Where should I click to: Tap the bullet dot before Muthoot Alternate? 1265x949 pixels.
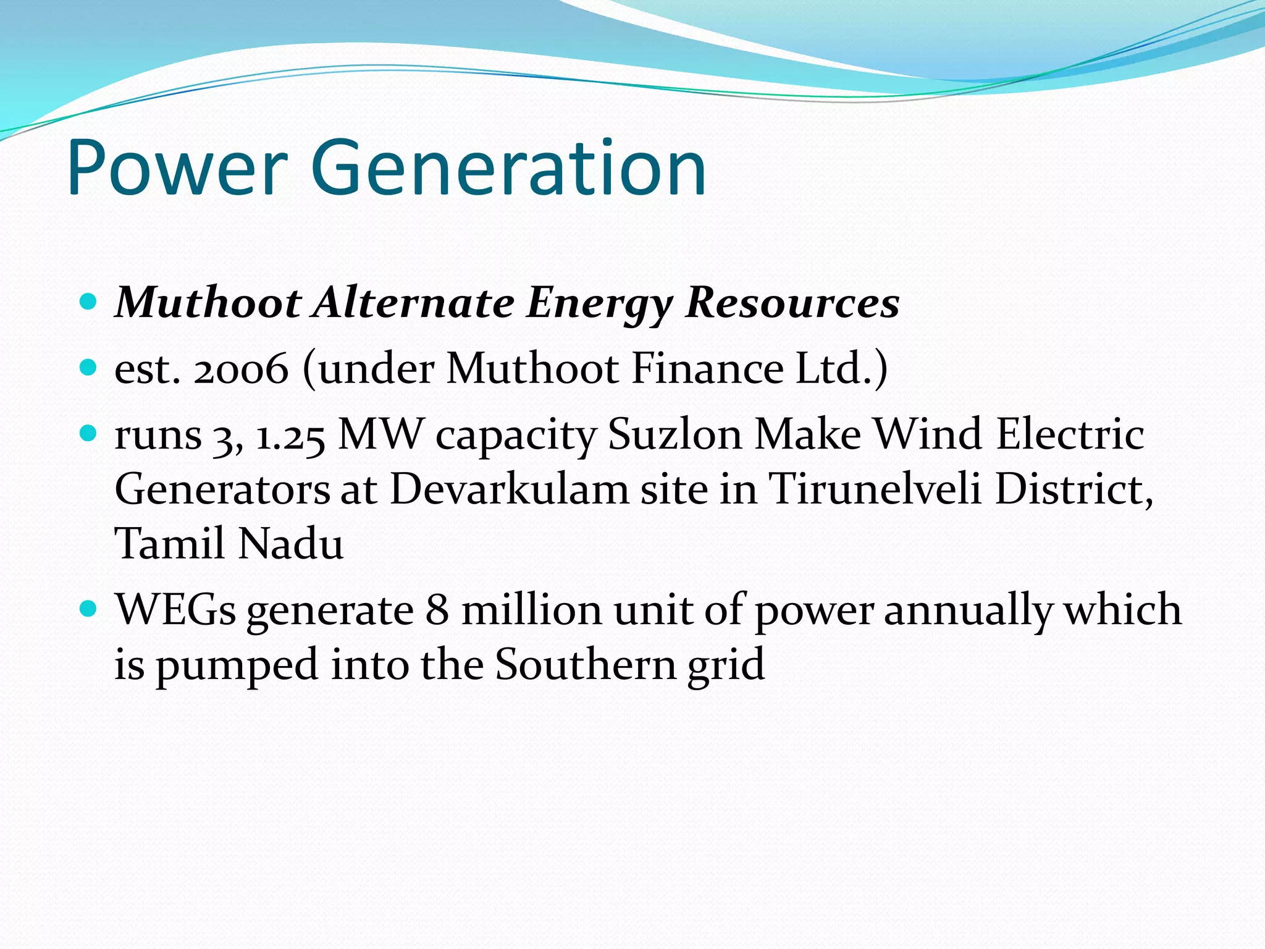pyautogui.click(x=89, y=302)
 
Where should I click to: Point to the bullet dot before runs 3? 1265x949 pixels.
pyautogui.click(x=89, y=434)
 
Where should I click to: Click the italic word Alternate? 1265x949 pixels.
pyautogui.click(x=414, y=303)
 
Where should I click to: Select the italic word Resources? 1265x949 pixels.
pyautogui.click(x=792, y=303)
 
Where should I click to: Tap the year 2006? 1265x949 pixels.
pyautogui.click(x=241, y=369)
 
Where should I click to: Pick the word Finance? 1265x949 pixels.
pyautogui.click(x=707, y=369)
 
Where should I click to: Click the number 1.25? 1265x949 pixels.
pyautogui.click(x=290, y=435)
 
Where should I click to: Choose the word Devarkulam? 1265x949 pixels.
pyautogui.click(x=510, y=489)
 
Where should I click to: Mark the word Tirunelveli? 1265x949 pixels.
pyautogui.click(x=875, y=489)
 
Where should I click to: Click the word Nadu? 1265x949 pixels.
pyautogui.click(x=290, y=544)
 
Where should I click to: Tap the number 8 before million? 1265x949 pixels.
pyautogui.click(x=437, y=610)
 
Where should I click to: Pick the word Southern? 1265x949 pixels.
pyautogui.click(x=586, y=665)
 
